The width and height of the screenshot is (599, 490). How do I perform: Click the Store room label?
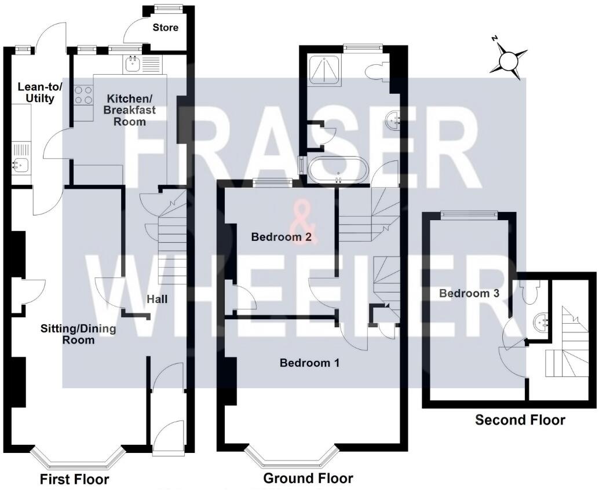pyautogui.click(x=166, y=28)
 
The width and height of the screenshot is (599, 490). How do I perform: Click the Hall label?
pyautogui.click(x=157, y=299)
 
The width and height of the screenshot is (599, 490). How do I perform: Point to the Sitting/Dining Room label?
pyautogui.click(x=78, y=334)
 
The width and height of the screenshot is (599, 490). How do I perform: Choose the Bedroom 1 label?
pyautogui.click(x=309, y=363)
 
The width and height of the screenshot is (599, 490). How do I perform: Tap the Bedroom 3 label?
pyautogui.click(x=469, y=293)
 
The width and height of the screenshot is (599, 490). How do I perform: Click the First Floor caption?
pyautogui.click(x=74, y=480)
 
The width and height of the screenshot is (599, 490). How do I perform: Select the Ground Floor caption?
pyautogui.click(x=308, y=478)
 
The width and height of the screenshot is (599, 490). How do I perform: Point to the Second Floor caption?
pyautogui.click(x=520, y=420)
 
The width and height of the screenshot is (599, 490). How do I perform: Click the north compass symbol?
pyautogui.click(x=508, y=59)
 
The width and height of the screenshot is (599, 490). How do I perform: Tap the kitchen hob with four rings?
pyautogui.click(x=84, y=95)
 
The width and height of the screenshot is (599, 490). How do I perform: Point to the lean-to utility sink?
pyautogui.click(x=20, y=164)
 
